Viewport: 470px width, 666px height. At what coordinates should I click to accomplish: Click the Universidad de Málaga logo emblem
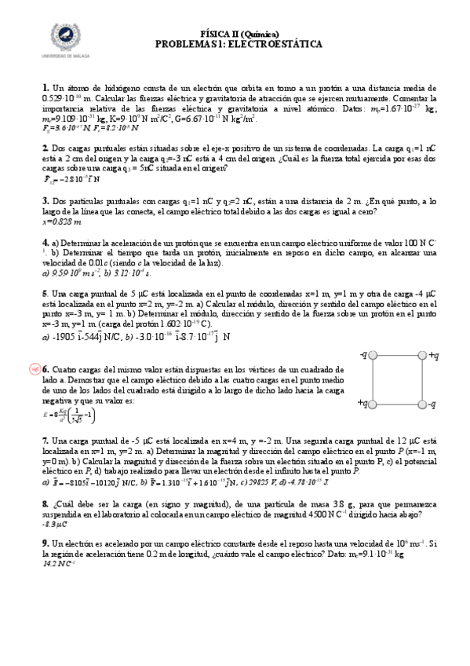[66, 38]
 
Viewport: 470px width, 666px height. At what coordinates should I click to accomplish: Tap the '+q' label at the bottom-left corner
[363, 403]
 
